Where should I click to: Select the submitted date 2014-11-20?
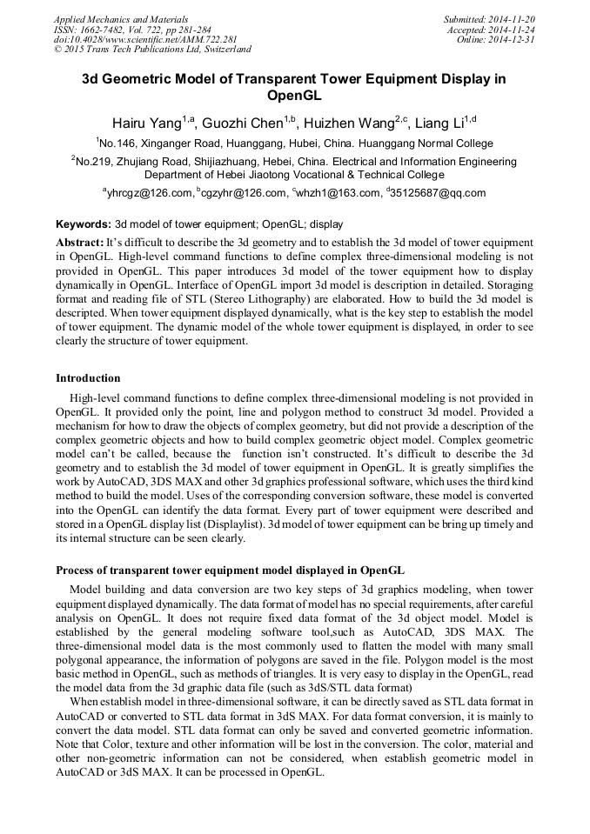tap(515, 18)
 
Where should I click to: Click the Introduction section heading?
tap(88, 378)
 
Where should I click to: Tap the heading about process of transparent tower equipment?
tap(230, 570)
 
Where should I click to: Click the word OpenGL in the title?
tap(294, 96)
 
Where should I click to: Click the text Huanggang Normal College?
tap(426, 143)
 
